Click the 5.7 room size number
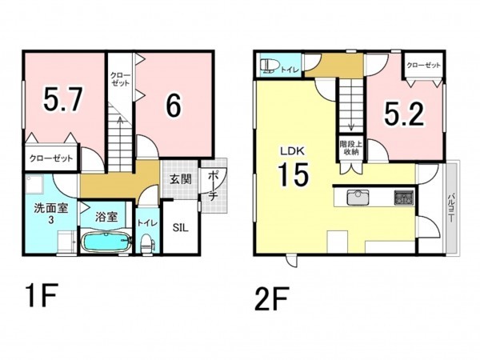click(63, 99)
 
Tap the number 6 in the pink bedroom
click(174, 105)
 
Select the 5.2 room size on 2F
click(404, 114)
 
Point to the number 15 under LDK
click(293, 174)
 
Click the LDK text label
click(292, 150)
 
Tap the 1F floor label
click(42, 296)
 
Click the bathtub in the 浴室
click(106, 242)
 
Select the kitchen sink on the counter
click(358, 198)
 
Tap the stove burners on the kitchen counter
click(404, 197)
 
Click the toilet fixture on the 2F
click(269, 66)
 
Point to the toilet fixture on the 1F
click(146, 243)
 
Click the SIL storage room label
click(180, 228)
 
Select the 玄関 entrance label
click(181, 180)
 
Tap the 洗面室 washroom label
click(51, 209)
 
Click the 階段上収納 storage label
click(351, 148)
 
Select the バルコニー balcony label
click(451, 208)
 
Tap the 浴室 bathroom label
click(106, 217)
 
